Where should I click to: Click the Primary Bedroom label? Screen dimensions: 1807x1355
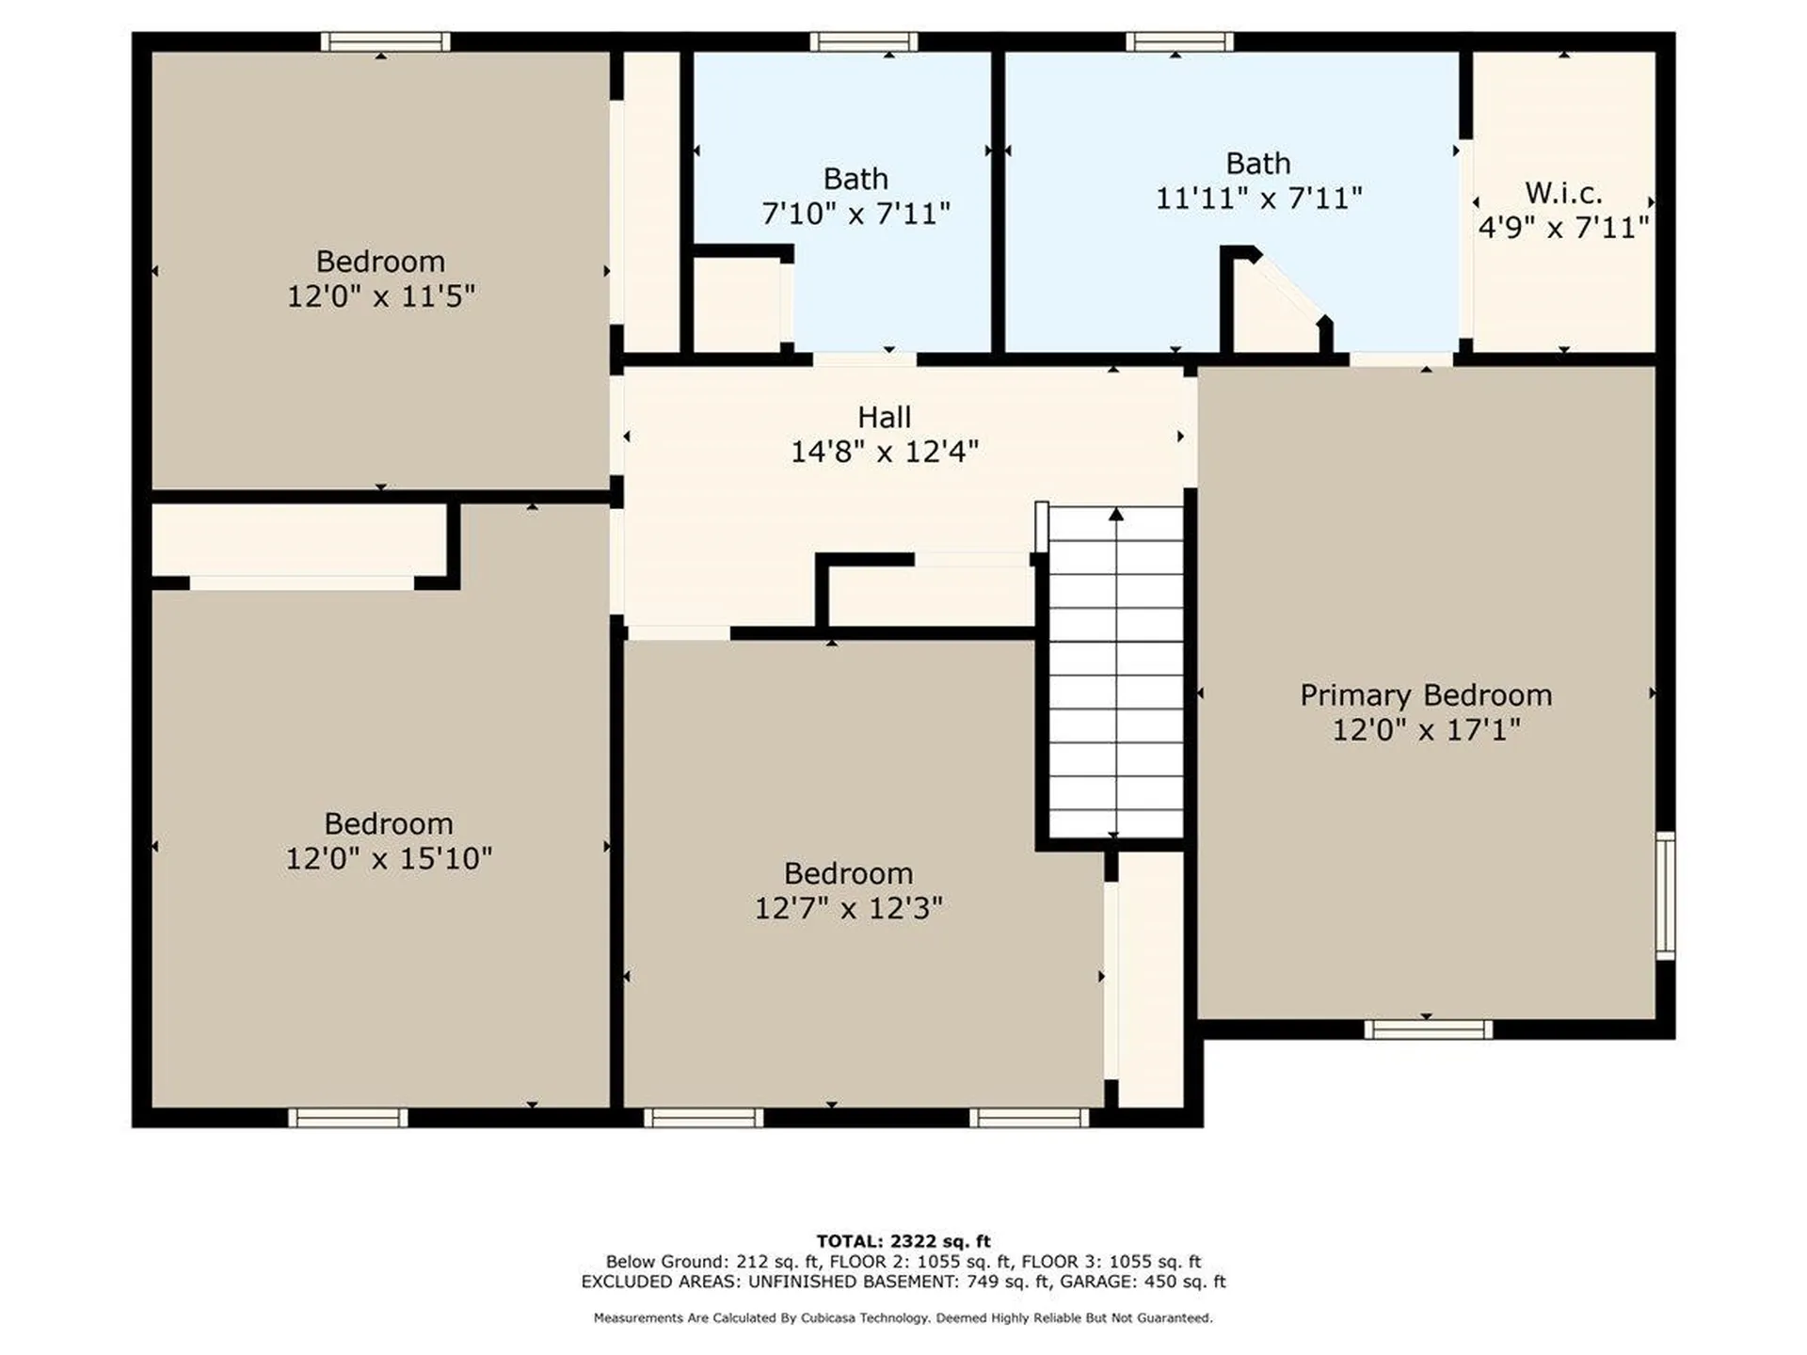1426,695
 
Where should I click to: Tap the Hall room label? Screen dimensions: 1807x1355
884,417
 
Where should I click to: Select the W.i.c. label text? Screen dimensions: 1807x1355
1563,193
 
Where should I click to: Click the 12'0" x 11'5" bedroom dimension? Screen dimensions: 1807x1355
380,296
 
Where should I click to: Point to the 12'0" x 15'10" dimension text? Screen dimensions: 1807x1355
389,858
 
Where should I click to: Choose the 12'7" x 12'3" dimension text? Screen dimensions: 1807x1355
848,908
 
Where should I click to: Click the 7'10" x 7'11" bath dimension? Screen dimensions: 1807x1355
856,214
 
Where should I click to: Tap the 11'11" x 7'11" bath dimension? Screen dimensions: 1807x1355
1258,199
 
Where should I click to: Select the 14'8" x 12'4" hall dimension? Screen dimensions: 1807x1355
884,452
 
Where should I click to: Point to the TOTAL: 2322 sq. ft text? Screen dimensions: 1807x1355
903,1241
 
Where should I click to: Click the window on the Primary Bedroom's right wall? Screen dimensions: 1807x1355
1665,895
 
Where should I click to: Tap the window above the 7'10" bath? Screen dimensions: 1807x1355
863,41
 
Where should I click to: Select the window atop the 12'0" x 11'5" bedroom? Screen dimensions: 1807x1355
385,41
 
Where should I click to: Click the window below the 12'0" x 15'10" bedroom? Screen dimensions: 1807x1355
348,1118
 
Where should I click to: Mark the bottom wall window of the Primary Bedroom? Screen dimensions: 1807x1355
1428,1029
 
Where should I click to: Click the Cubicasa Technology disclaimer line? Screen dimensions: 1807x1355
903,1318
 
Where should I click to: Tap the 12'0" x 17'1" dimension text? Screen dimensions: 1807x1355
1426,730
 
